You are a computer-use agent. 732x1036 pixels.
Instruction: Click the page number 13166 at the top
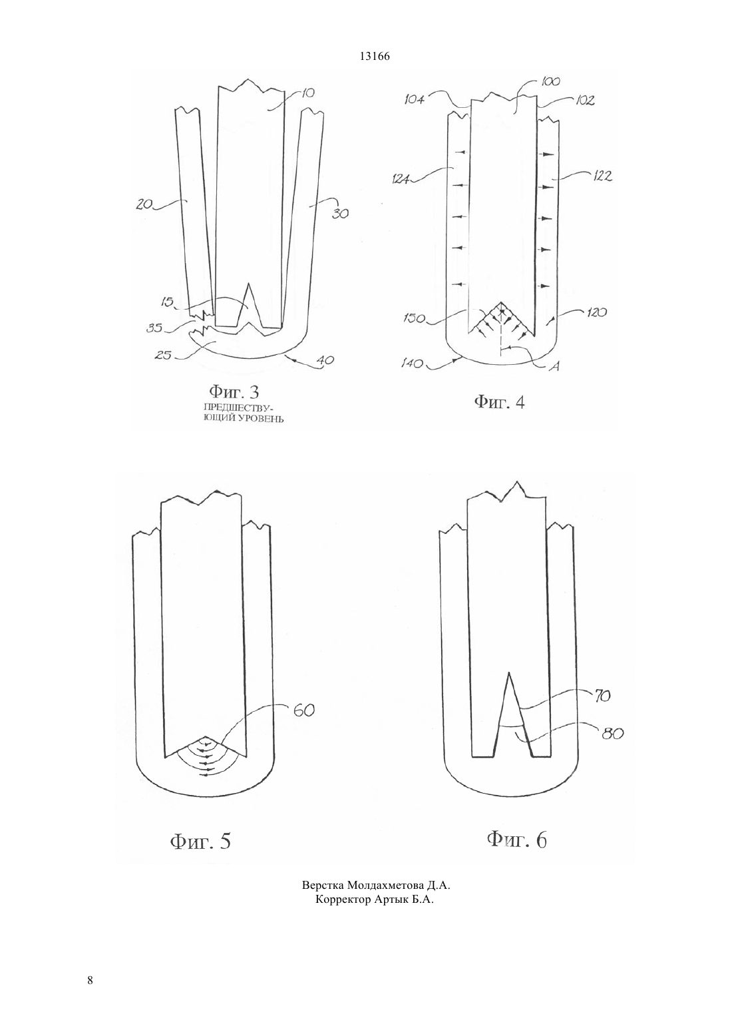[375, 57]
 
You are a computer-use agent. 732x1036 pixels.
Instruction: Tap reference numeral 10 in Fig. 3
[307, 93]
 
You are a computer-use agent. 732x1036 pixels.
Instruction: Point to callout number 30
[341, 214]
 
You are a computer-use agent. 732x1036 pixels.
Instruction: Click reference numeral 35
[154, 328]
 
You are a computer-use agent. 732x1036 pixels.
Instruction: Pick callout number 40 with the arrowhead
[326, 360]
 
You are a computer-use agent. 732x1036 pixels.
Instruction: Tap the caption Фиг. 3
[234, 392]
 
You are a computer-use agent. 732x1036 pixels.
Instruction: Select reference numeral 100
[550, 82]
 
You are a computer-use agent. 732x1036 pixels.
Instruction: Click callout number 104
[415, 99]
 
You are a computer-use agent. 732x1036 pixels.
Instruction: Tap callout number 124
[399, 179]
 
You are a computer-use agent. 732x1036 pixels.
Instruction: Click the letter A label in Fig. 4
[556, 366]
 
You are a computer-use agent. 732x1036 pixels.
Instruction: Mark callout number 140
[412, 364]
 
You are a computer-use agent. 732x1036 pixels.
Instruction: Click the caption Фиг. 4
[500, 402]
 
